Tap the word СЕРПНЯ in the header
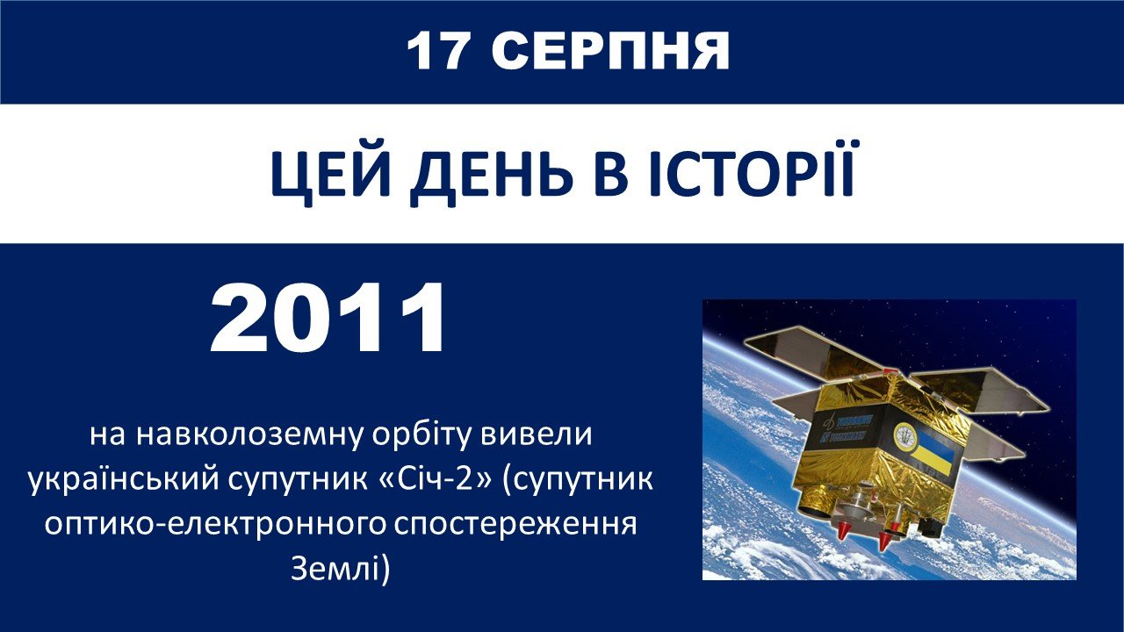point(610,51)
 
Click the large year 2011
point(328,318)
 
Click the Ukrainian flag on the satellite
point(933,454)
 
